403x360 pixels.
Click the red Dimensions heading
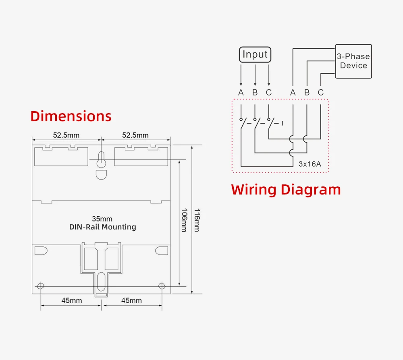tap(71, 116)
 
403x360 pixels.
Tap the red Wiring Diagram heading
tap(286, 189)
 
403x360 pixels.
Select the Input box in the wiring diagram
tap(255, 54)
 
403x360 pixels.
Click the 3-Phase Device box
tap(353, 61)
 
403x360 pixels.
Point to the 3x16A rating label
tap(310, 164)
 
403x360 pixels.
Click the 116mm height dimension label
tap(196, 220)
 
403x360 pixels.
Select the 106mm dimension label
tap(184, 220)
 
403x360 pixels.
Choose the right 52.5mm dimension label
tap(135, 135)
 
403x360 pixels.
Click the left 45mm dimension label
tap(71, 300)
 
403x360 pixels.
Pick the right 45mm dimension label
tap(131, 300)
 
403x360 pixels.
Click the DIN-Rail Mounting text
tap(102, 227)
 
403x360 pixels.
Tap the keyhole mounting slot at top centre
tap(102, 160)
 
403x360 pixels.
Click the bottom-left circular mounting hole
tap(40, 286)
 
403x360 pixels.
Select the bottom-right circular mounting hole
tap(162, 286)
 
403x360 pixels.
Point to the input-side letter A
tap(241, 93)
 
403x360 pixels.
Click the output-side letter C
tap(320, 93)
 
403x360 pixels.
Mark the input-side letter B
tap(255, 93)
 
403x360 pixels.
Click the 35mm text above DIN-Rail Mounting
tap(102, 219)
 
